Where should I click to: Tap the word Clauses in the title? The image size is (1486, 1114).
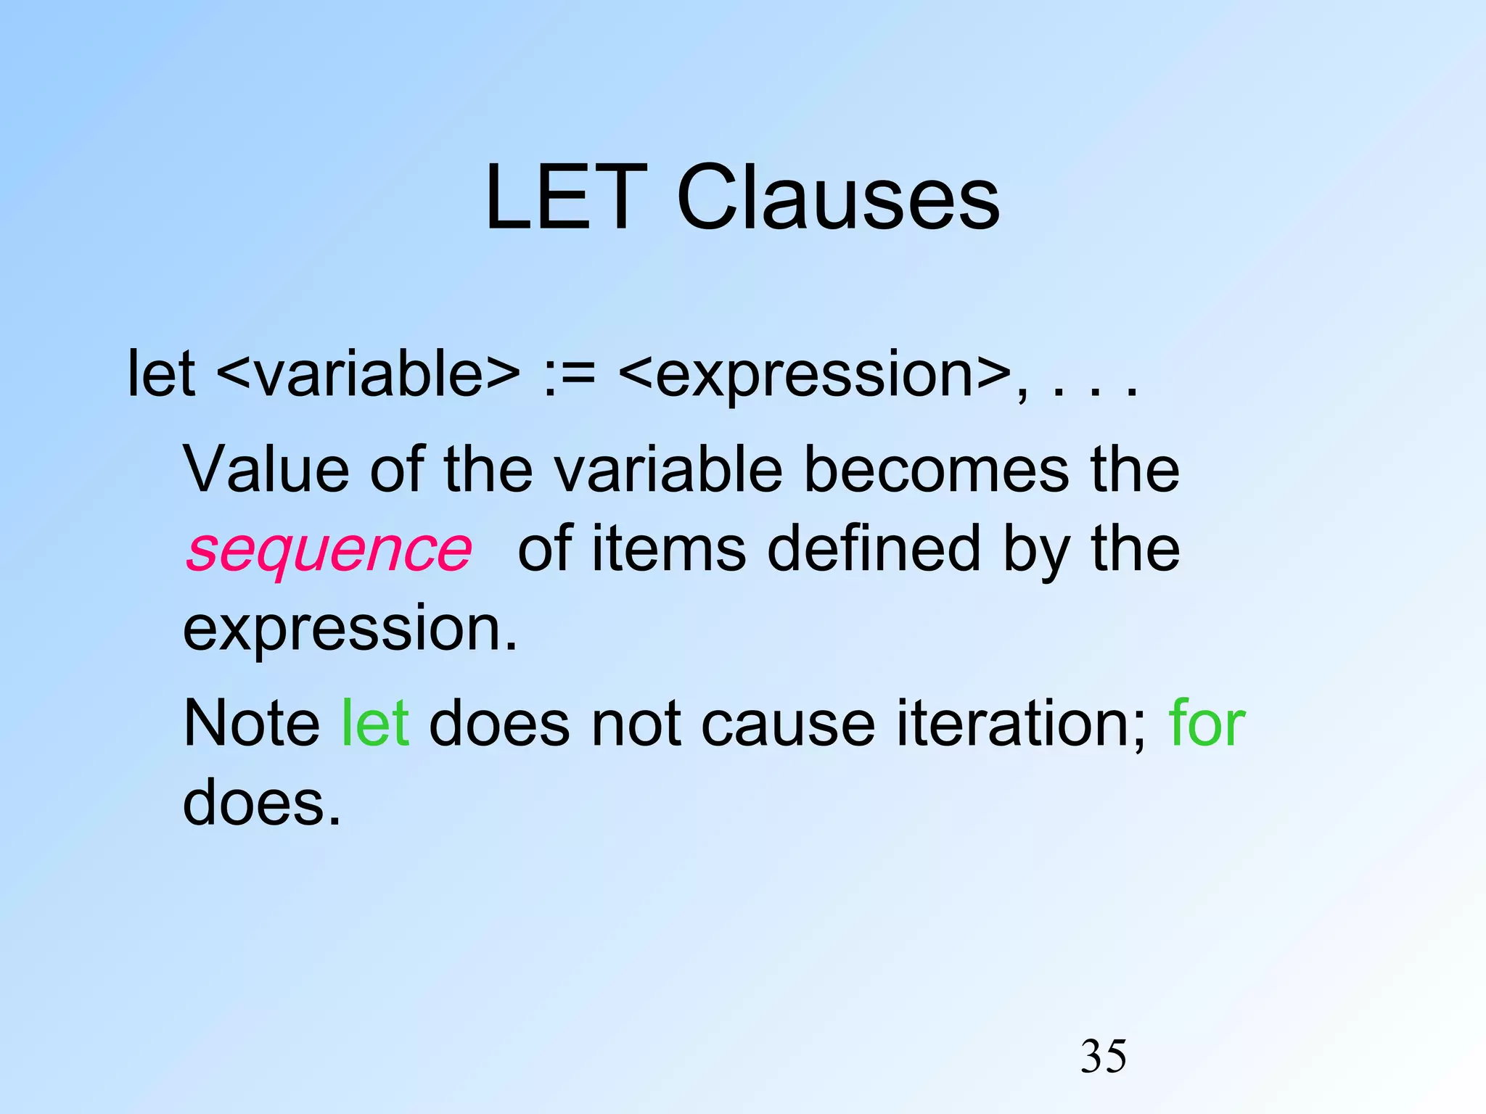[838, 197]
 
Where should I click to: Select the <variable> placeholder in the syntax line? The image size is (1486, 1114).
[368, 374]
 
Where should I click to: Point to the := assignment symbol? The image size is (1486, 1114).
[569, 376]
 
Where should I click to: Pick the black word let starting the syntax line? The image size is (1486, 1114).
[161, 374]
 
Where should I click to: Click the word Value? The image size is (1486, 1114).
[266, 469]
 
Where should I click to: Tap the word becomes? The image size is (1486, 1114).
[936, 469]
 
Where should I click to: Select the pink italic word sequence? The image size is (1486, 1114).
[329, 550]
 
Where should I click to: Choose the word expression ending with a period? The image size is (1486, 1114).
[350, 630]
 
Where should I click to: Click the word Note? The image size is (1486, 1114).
[252, 723]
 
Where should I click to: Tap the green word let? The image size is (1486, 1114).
[375, 723]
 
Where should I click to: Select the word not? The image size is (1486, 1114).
[636, 723]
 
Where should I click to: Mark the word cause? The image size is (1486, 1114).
[788, 725]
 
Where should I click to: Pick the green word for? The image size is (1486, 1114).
[1207, 723]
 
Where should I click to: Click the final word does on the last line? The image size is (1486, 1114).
[261, 803]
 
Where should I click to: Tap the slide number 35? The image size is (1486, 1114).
[1104, 1057]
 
